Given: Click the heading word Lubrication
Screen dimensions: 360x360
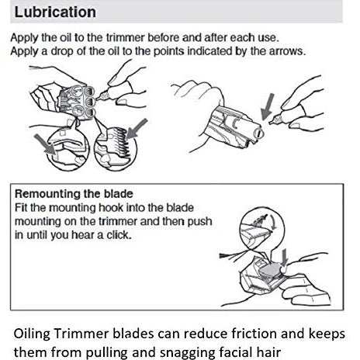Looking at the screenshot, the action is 55,12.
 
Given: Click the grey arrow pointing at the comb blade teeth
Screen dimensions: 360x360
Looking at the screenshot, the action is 137,129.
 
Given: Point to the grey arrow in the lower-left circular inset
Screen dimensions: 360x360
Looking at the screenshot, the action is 44,144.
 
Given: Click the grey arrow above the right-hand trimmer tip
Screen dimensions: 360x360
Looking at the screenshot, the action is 268,106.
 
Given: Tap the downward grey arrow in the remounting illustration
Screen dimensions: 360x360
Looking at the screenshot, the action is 285,258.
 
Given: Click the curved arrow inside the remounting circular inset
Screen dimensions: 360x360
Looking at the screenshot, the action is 272,222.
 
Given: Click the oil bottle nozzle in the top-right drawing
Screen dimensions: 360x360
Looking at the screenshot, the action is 275,120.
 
